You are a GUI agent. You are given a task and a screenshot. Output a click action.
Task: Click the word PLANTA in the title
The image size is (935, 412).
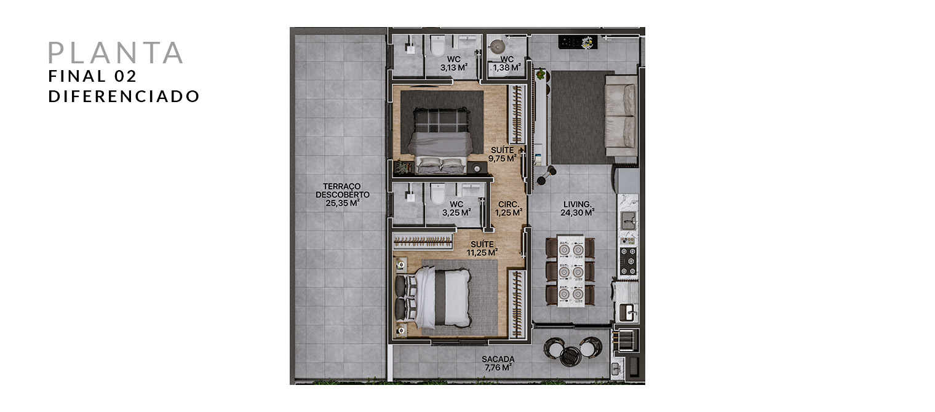click(116, 53)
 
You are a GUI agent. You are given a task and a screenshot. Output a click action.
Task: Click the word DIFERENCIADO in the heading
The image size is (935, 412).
click(124, 97)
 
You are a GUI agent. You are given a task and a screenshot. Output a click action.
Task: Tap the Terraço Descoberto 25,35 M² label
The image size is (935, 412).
click(343, 195)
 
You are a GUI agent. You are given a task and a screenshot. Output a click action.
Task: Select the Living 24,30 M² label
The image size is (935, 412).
click(577, 208)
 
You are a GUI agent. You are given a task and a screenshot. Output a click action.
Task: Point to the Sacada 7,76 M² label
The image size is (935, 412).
click(498, 363)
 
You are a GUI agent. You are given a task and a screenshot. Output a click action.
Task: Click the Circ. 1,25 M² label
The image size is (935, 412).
click(509, 208)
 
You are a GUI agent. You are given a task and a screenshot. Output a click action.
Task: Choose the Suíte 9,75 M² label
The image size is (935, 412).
click(503, 154)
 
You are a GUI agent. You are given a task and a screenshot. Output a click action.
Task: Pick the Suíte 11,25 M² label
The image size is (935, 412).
click(482, 248)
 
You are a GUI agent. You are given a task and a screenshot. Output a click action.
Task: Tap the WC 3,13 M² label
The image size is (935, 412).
click(454, 63)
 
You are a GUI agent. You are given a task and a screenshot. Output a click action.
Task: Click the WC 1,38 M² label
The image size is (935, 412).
click(507, 63)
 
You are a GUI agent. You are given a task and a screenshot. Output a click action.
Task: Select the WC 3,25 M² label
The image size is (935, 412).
click(456, 208)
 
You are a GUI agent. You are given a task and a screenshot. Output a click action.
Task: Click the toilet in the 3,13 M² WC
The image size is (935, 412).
click(438, 46)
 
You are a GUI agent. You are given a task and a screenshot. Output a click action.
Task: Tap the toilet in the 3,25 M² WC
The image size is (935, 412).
click(438, 194)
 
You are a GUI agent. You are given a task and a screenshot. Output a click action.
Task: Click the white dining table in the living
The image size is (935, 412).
click(571, 271)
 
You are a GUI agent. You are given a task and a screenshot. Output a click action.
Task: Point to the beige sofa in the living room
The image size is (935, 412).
click(621, 116)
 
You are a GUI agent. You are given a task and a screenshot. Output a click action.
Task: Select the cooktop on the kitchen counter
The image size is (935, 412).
click(627, 261)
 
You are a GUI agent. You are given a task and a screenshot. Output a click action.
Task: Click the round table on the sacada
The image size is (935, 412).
click(570, 356)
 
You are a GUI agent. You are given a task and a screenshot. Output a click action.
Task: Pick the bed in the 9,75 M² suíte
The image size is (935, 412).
click(440, 141)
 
